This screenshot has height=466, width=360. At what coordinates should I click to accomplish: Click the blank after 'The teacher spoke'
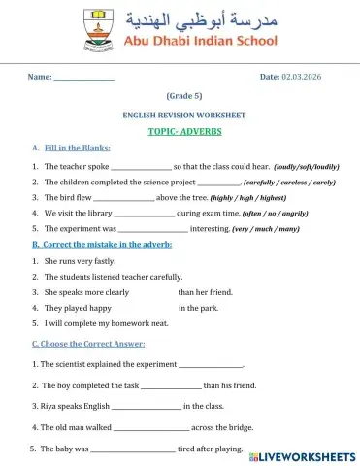pyautogui.click(x=142, y=167)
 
